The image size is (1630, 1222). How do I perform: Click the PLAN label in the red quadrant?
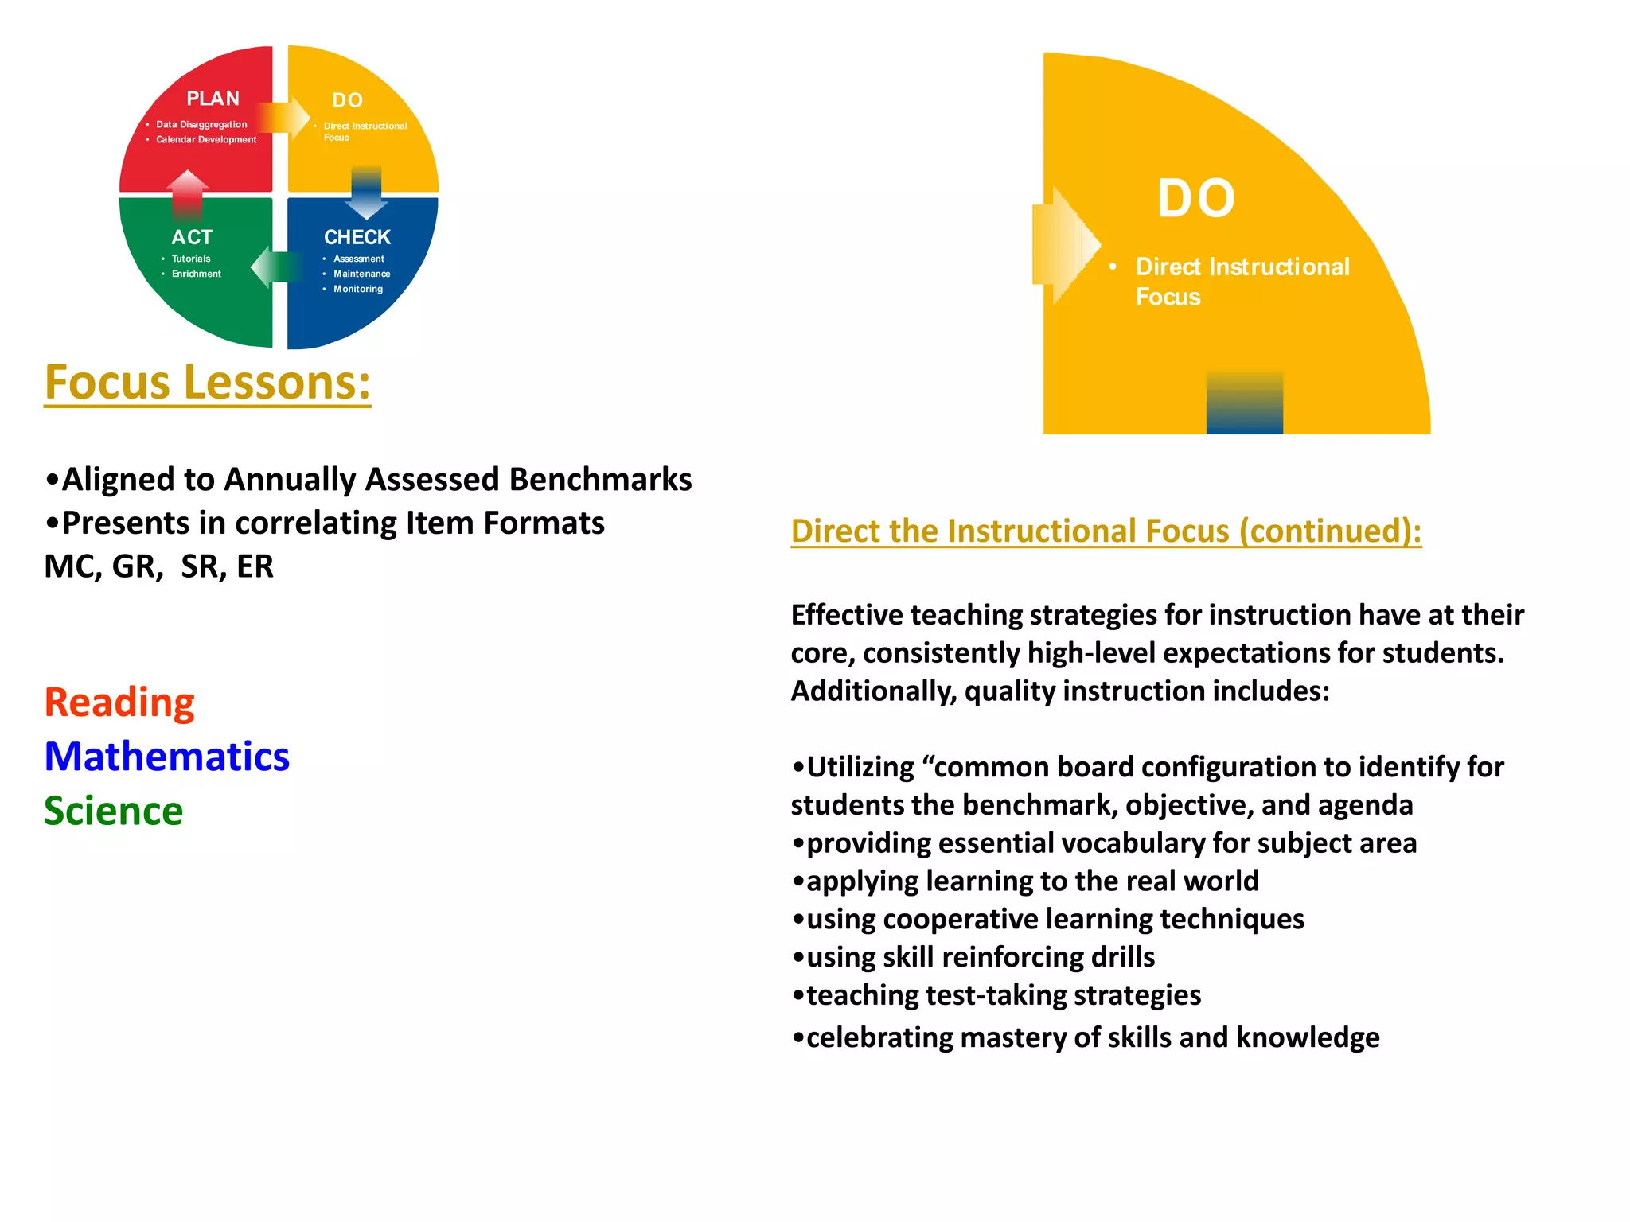click(213, 99)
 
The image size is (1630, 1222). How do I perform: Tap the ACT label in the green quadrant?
click(192, 237)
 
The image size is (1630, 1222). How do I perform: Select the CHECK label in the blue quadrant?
click(357, 237)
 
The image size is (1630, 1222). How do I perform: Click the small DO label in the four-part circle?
click(348, 100)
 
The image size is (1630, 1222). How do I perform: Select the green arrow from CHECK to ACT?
click(275, 267)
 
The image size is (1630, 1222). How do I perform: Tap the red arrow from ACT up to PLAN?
click(188, 193)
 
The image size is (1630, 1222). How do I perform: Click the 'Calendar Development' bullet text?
click(206, 140)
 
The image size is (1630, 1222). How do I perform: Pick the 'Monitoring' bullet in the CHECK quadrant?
click(358, 289)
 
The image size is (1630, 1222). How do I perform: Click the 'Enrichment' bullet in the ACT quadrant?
click(197, 274)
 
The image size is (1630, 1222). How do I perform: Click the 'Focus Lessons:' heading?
click(208, 383)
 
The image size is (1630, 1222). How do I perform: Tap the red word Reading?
click(119, 702)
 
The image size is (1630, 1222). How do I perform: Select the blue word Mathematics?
click(167, 757)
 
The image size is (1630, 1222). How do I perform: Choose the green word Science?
click(114, 811)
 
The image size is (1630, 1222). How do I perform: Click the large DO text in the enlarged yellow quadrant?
click(1196, 199)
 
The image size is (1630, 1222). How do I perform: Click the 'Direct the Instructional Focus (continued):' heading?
click(1106, 531)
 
